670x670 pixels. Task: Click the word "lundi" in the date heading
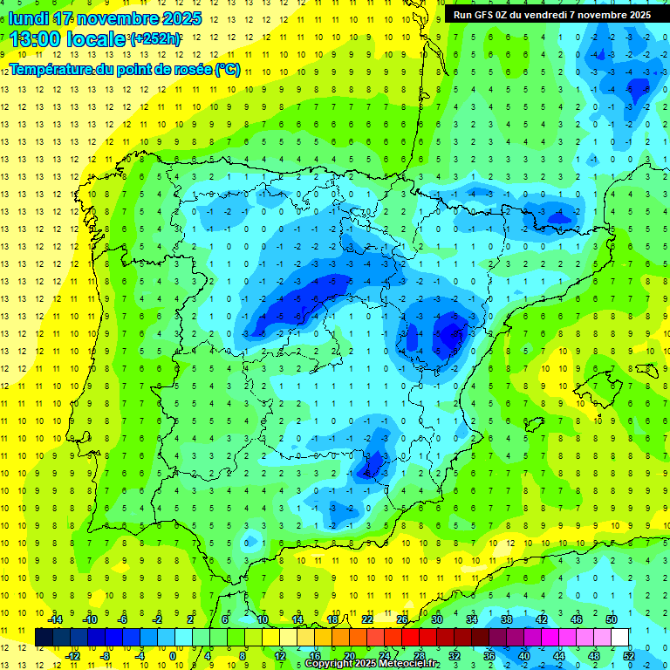tap(29, 18)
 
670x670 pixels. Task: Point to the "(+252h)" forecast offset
tap(155, 39)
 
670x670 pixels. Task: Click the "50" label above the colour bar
tap(611, 619)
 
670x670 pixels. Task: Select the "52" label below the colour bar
tap(629, 655)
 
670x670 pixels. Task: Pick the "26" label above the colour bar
tap(402, 619)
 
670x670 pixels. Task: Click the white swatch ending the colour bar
tap(619, 637)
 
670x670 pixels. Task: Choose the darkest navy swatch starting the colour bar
tap(44, 637)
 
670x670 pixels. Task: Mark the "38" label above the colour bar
tap(506, 619)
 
